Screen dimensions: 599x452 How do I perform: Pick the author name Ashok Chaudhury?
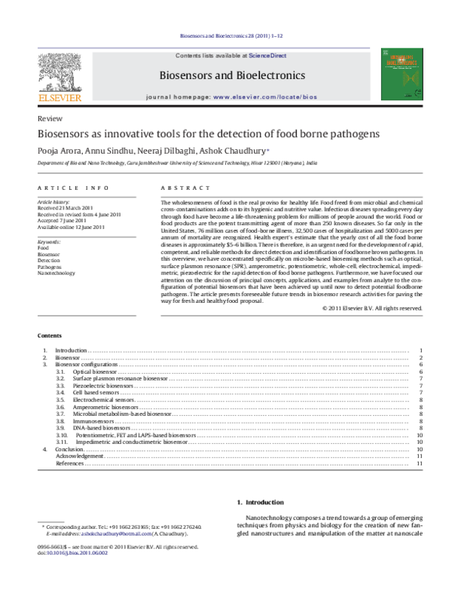pyautogui.click(x=231, y=151)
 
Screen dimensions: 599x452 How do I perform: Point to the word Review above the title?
pyautogui.click(x=47, y=120)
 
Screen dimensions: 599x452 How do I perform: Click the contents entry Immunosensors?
pyautogui.click(x=93, y=420)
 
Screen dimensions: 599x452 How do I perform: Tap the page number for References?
pyautogui.click(x=418, y=463)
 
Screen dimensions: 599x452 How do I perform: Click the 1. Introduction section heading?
pyautogui.click(x=261, y=502)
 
